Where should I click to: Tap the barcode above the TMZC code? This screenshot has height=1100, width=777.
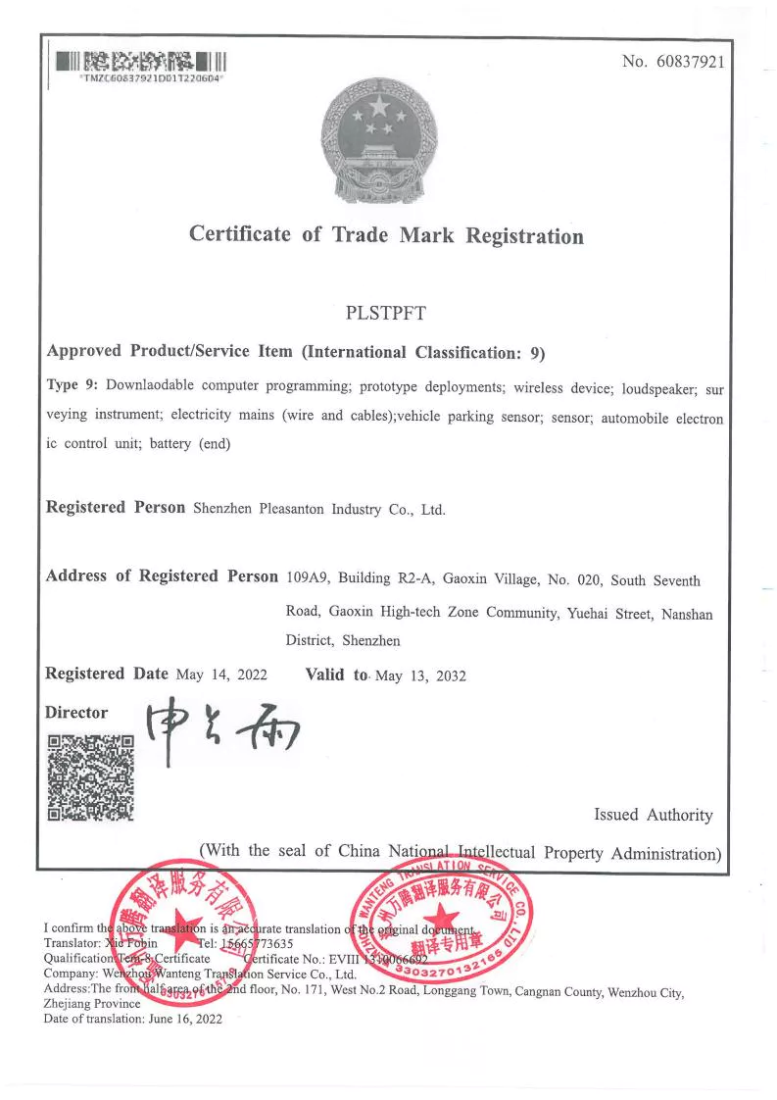(x=141, y=61)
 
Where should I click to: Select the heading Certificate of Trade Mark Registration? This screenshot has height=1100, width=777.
(x=386, y=235)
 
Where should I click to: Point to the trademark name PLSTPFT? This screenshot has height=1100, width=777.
(x=386, y=315)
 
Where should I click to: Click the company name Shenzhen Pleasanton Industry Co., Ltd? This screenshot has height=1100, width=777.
(x=319, y=509)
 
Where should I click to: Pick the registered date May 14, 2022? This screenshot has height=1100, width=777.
(x=221, y=675)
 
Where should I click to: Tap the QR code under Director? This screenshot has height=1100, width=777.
(x=90, y=776)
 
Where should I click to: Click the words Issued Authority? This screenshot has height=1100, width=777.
(x=654, y=815)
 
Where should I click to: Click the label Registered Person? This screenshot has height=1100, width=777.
(x=116, y=508)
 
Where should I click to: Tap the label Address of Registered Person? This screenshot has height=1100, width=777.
(x=162, y=576)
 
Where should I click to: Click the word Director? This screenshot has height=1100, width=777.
(x=76, y=713)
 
